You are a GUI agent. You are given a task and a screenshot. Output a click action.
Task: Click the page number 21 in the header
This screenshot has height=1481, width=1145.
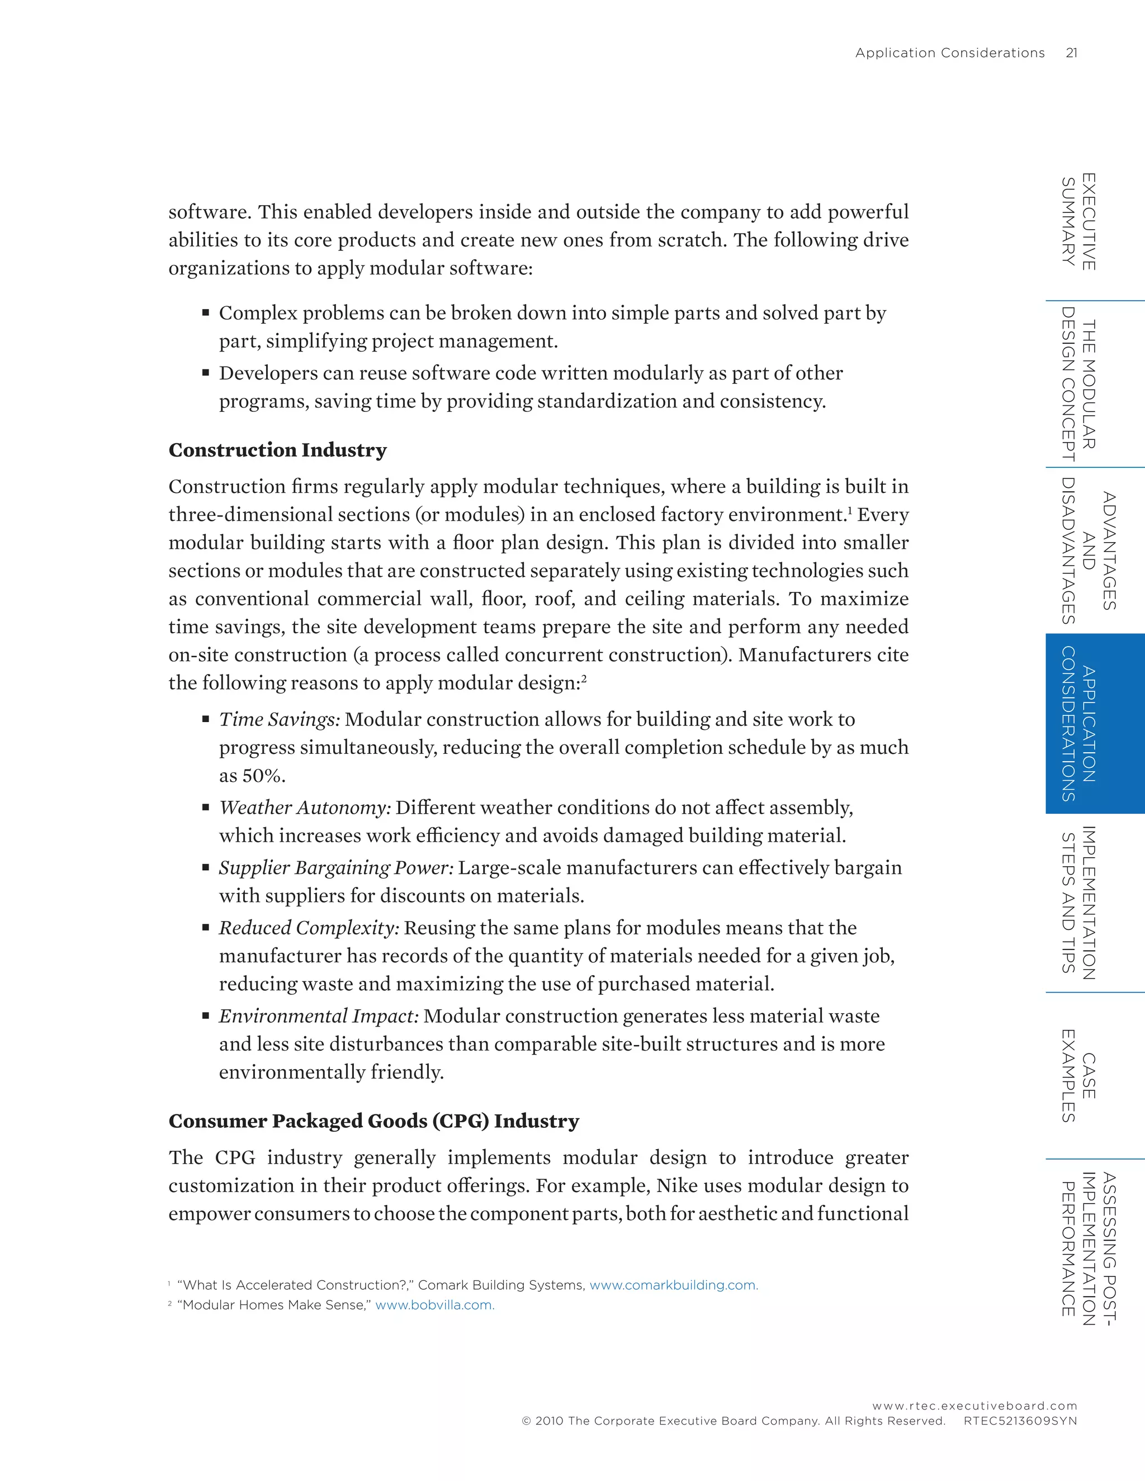tap(1071, 53)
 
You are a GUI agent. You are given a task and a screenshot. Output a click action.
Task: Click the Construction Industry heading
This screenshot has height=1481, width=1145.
tap(277, 450)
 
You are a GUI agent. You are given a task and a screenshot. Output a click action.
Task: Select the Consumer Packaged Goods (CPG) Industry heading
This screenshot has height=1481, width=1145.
tap(374, 1121)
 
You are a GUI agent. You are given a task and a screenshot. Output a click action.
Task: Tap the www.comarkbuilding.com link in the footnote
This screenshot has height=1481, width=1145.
tap(674, 1285)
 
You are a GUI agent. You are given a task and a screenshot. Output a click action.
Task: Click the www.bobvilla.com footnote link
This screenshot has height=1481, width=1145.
tap(435, 1305)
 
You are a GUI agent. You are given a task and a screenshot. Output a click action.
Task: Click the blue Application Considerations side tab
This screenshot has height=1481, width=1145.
tap(1087, 724)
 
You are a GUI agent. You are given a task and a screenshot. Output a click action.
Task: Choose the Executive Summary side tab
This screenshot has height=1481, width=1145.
tap(1078, 222)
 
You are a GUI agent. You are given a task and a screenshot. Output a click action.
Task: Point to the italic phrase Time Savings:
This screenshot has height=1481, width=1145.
tap(280, 719)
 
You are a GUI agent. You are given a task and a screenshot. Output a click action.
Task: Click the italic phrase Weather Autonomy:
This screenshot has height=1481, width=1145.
tap(305, 808)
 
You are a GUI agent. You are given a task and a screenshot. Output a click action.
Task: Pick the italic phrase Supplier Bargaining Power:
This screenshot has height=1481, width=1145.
tap(336, 868)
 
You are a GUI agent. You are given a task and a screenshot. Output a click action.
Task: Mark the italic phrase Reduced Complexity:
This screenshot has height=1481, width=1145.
tap(309, 928)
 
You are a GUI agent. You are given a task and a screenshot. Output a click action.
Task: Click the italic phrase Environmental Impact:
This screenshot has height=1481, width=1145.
tap(319, 1016)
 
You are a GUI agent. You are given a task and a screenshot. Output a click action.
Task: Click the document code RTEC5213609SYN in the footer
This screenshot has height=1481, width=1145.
tap(1020, 1421)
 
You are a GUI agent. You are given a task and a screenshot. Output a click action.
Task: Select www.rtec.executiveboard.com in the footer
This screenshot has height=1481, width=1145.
tap(974, 1406)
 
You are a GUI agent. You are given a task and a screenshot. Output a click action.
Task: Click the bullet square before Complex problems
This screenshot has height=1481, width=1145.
tap(206, 314)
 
